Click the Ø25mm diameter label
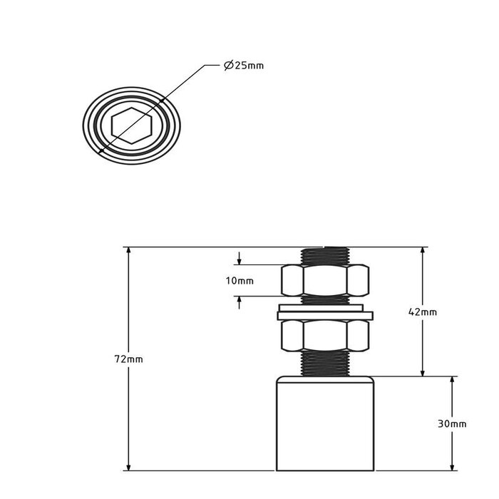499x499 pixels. click(x=243, y=66)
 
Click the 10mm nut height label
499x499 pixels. click(x=240, y=281)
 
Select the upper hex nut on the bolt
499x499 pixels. click(x=326, y=280)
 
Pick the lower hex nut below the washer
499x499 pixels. click(x=326, y=336)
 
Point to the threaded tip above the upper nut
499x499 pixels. click(x=326, y=255)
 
